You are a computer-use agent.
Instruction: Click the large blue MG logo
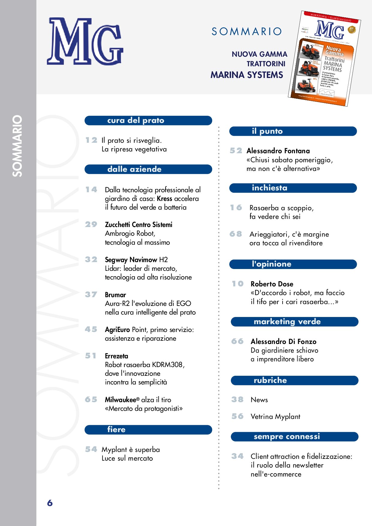tap(85, 41)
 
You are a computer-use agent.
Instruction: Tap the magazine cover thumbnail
tap(325, 59)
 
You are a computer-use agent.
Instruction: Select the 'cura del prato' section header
tap(148, 121)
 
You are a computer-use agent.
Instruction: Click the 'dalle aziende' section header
tap(148, 169)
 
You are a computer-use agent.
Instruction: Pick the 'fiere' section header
tap(148, 429)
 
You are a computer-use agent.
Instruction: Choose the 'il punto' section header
tap(293, 131)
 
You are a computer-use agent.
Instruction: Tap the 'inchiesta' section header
tap(293, 188)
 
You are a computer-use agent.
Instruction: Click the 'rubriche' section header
tap(294, 380)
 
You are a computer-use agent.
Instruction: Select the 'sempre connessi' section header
tap(294, 436)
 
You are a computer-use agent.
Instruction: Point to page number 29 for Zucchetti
tap(91, 224)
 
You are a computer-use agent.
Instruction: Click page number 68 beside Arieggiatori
tap(236, 234)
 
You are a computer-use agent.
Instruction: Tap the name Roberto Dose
tap(272, 284)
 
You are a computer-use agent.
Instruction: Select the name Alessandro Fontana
tap(278, 151)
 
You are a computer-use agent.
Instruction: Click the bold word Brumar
tap(115, 295)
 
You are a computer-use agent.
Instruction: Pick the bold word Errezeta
tap(116, 356)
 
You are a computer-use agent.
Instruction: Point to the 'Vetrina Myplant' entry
tap(275, 417)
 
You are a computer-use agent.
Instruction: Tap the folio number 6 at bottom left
tap(50, 503)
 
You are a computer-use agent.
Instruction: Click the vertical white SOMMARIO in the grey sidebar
tap(17, 146)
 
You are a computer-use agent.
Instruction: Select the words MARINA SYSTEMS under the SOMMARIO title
tap(247, 75)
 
